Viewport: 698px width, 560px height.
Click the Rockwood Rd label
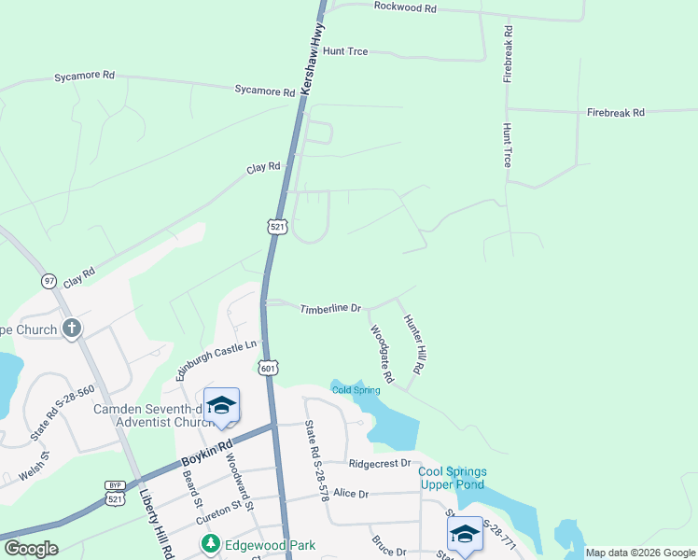point(404,7)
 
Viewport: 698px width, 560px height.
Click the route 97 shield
point(49,280)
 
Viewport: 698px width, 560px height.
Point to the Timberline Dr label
point(329,308)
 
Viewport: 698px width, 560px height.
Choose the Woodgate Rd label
point(382,354)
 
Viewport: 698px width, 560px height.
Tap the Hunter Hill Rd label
point(413,345)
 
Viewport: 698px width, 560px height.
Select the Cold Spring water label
point(356,390)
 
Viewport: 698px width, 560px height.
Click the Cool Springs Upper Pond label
point(452,479)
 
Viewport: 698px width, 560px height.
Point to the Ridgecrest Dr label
point(379,463)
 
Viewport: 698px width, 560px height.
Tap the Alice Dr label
point(351,493)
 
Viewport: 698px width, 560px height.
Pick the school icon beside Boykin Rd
point(221,405)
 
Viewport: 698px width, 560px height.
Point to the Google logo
point(30,549)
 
